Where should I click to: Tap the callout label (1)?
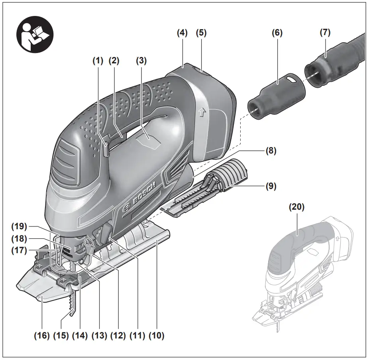(98, 61)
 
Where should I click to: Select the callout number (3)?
(141, 61)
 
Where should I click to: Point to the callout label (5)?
(201, 33)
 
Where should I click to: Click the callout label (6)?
(277, 33)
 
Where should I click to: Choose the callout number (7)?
(325, 33)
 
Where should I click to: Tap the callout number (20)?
(297, 207)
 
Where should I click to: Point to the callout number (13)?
(99, 336)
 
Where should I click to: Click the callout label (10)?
(156, 336)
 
